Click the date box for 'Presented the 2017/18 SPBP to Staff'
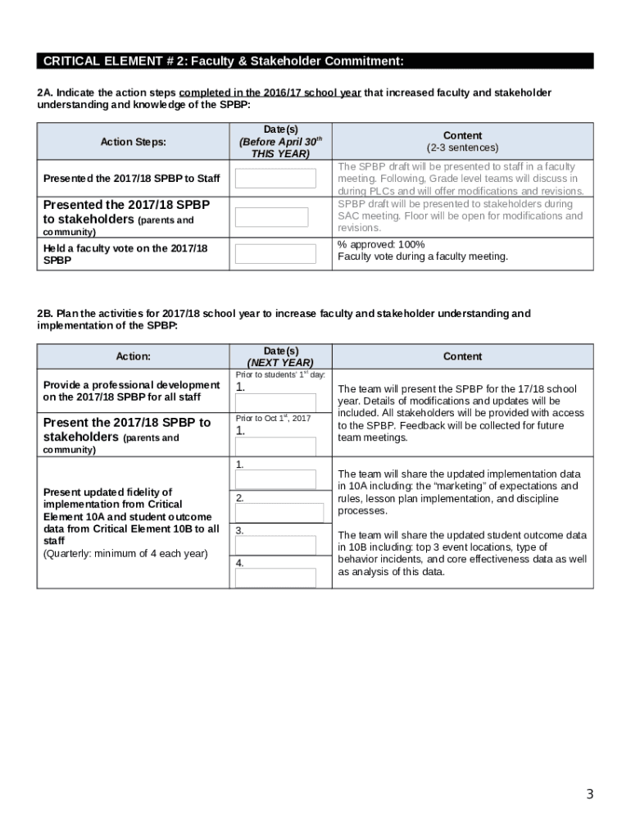pos(275,179)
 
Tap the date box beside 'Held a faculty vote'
pos(275,253)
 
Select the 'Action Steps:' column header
pos(133,142)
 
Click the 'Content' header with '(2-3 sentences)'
pos(462,141)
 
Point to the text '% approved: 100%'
pos(381,244)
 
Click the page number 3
pos(589,794)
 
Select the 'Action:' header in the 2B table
pos(133,356)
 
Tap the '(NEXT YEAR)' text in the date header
pos(280,363)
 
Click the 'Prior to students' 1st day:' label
pos(280,374)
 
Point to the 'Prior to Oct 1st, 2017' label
pos(273,419)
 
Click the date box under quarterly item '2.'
pos(279,512)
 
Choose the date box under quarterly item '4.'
pos(275,578)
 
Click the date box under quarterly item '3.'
pos(275,545)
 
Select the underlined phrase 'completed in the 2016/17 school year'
pos(270,93)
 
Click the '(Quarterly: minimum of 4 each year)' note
pos(125,553)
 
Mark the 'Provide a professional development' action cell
pos(131,391)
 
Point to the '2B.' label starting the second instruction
pos(45,314)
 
